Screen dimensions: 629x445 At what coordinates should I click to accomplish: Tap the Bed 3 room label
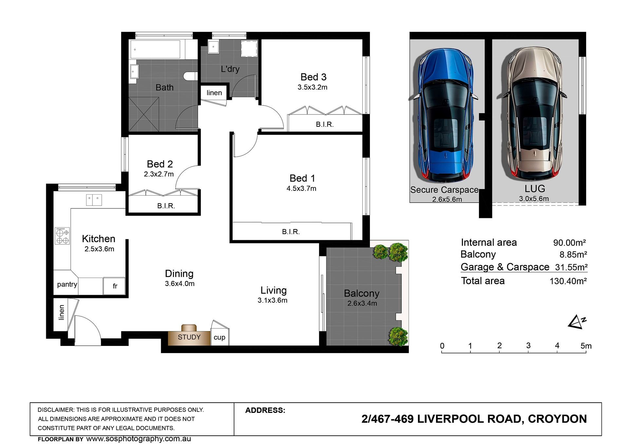pos(314,77)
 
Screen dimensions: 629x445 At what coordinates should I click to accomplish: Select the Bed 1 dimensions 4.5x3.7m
pos(301,188)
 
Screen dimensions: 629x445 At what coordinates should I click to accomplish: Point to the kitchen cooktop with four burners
pos(62,236)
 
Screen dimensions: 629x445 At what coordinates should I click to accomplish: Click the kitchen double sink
pos(94,200)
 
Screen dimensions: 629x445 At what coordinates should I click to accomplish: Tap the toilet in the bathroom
pos(191,76)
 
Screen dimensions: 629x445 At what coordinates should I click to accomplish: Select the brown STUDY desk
pos(189,335)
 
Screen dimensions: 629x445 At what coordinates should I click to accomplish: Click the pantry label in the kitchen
pos(67,284)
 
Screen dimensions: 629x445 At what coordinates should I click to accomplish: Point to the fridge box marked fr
pos(114,286)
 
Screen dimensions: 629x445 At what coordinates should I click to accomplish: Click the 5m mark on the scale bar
pos(586,346)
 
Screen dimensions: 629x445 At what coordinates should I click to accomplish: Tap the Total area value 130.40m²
pos(568,281)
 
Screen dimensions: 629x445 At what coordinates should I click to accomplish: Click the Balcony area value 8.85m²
pos(573,254)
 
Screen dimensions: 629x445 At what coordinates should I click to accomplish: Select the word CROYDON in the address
pos(557,419)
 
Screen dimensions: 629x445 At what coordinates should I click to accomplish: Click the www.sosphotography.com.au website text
pos(139,439)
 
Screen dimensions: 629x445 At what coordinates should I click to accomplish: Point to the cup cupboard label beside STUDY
pos(219,337)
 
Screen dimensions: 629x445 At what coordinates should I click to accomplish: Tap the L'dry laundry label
pos(230,69)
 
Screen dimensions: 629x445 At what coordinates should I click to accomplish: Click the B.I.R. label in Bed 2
pos(166,206)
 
